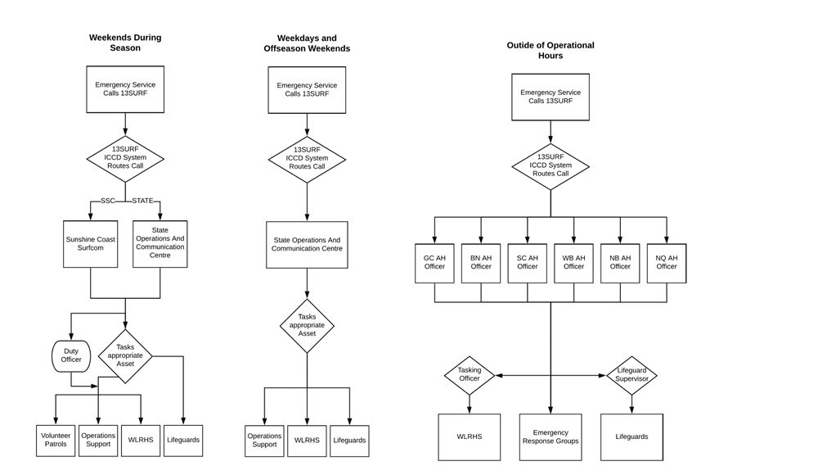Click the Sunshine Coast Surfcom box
click(92, 245)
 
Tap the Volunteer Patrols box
click(56, 440)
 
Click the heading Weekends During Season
click(125, 43)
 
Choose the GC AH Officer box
click(434, 261)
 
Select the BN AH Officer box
click(481, 261)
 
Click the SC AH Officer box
click(528, 261)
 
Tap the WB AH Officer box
click(573, 261)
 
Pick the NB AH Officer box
click(620, 261)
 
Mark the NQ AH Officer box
click(667, 261)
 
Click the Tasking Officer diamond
click(470, 375)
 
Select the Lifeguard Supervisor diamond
click(631, 375)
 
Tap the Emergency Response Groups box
click(550, 437)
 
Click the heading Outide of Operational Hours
click(550, 50)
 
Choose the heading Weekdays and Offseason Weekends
click(307, 43)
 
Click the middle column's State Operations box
click(307, 244)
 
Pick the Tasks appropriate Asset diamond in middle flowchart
click(307, 326)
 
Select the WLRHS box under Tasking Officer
click(470, 437)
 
